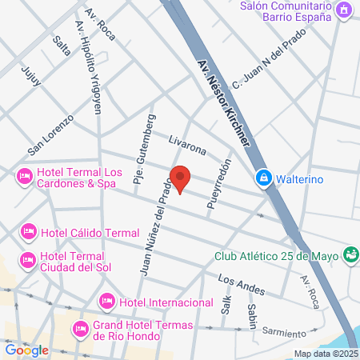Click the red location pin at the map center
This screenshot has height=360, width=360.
tap(180, 179)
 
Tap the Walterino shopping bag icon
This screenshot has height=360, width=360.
tap(262, 178)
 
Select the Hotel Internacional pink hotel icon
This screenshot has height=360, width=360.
tap(106, 302)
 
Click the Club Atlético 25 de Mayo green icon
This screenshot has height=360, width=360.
tap(349, 255)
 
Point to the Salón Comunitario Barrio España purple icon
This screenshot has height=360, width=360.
tap(343, 10)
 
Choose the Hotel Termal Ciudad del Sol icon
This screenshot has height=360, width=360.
tap(29, 259)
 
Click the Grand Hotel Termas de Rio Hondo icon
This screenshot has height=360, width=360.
tap(81, 329)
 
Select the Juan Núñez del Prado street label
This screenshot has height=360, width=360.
tap(156, 227)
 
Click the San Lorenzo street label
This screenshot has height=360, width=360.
tap(50, 135)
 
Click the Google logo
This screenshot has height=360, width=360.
tap(26, 350)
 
